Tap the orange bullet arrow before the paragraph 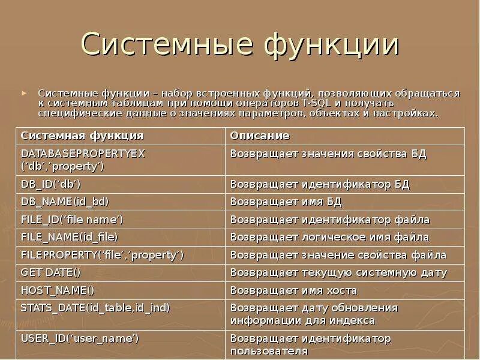(x=24, y=94)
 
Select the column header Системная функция (x=82, y=136)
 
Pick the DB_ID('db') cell (x=51, y=184)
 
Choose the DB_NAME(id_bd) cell (x=65, y=202)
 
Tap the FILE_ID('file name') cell (x=72, y=220)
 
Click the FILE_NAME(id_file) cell (x=70, y=237)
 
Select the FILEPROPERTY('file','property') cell (x=102, y=255)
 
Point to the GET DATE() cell (x=50, y=272)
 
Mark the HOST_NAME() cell (x=58, y=290)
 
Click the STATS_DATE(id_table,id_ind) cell (x=95, y=308)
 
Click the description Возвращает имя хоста (x=293, y=290)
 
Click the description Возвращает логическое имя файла (x=329, y=237)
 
